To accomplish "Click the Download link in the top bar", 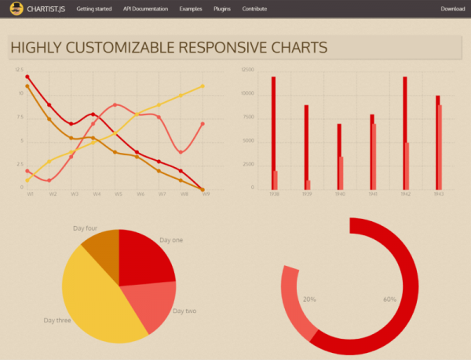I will pyautogui.click(x=453, y=9).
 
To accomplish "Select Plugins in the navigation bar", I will pyautogui.click(x=222, y=9).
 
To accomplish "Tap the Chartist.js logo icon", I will pyautogui.click(x=16, y=9).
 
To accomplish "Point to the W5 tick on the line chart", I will pyautogui.click(x=118, y=195).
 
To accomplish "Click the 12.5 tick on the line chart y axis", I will pyautogui.click(x=19, y=70).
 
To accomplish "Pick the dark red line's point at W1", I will pyautogui.click(x=27, y=77).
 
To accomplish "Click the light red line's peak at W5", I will pyautogui.click(x=115, y=104).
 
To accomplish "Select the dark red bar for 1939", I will pyautogui.click(x=306, y=147).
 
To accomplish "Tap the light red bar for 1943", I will pyautogui.click(x=440, y=147).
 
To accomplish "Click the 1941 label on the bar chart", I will pyautogui.click(x=373, y=195).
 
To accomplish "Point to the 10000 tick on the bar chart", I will pyautogui.click(x=248, y=93).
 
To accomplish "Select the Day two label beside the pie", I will pyautogui.click(x=184, y=311).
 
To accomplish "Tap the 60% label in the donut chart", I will pyautogui.click(x=389, y=300).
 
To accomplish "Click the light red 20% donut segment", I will pyautogui.click(x=299, y=302).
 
